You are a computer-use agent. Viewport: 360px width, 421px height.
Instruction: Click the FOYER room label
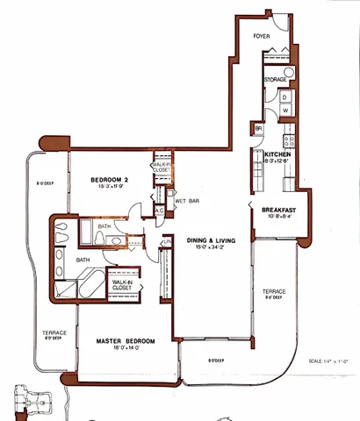click(x=262, y=38)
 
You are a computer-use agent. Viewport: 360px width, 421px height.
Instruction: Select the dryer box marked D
click(x=285, y=96)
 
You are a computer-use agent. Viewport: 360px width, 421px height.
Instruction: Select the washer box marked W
click(x=285, y=111)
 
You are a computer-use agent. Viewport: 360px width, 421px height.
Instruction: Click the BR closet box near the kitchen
click(x=259, y=129)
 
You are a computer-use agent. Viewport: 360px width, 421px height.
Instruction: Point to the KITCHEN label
click(x=277, y=153)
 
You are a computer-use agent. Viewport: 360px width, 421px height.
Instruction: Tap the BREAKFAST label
click(x=277, y=210)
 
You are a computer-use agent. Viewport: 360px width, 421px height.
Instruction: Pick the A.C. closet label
click(x=160, y=210)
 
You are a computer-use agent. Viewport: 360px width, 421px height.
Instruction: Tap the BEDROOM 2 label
click(x=110, y=180)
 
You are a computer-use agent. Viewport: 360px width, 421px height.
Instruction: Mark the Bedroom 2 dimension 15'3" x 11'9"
click(x=110, y=188)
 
